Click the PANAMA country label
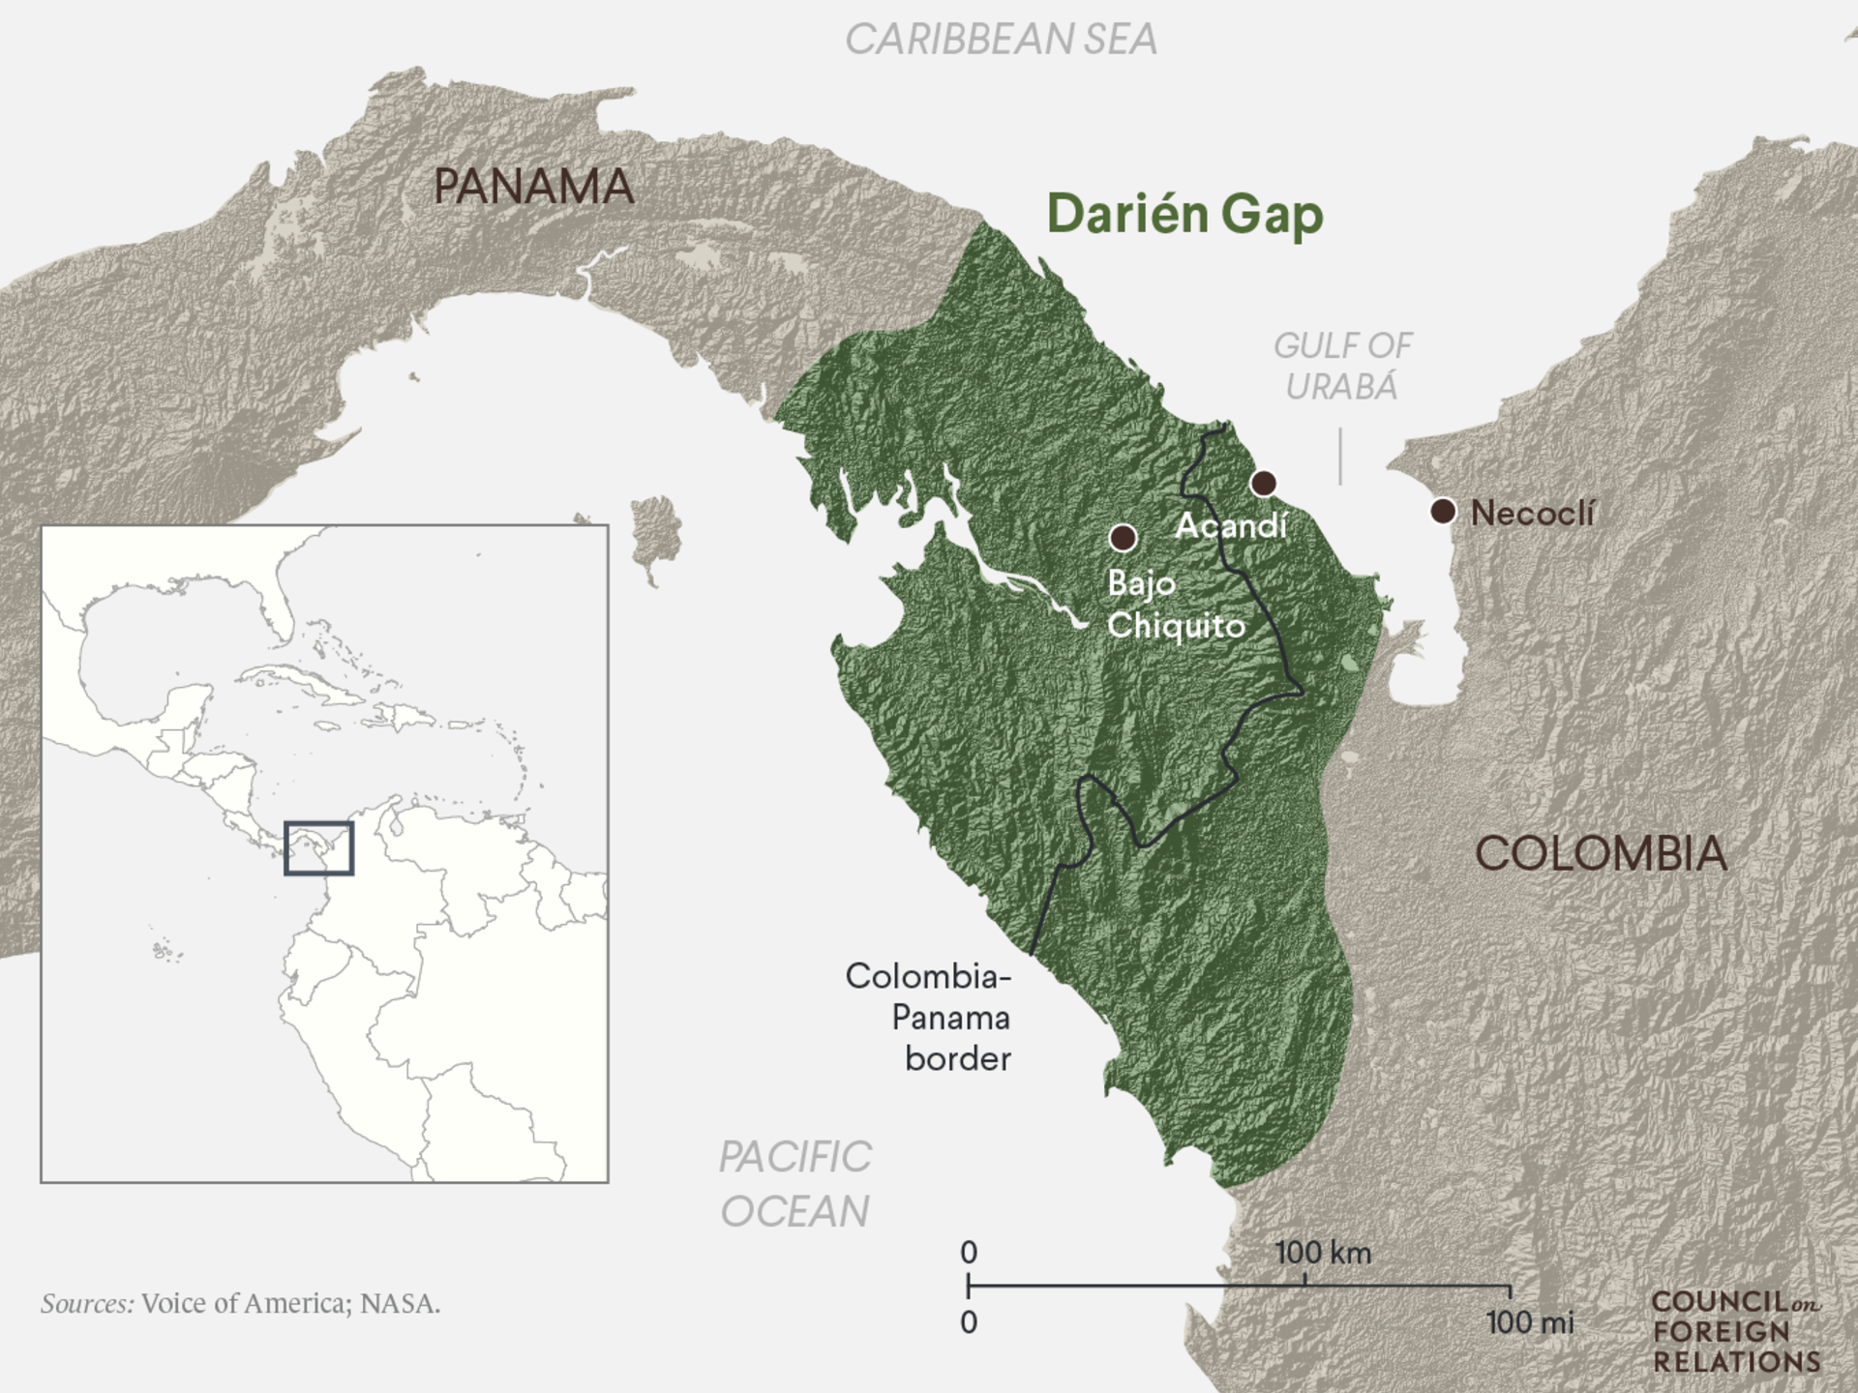(533, 186)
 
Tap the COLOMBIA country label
(1601, 853)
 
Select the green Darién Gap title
(1184, 214)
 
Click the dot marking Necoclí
(1443, 511)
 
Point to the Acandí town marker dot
(1263, 483)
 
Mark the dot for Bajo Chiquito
(1123, 537)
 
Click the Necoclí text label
(1532, 513)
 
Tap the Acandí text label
(1231, 525)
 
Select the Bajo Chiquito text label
(1174, 605)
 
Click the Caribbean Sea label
(1001, 40)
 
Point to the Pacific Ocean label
(794, 1184)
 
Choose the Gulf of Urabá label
(1342, 366)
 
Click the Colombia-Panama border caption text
(929, 1017)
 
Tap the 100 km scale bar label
(1323, 1253)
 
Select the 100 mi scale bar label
(1529, 1321)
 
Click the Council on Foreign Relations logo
(1736, 1332)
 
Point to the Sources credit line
(240, 1304)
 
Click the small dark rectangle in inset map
(318, 848)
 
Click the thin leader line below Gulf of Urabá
(1340, 457)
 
